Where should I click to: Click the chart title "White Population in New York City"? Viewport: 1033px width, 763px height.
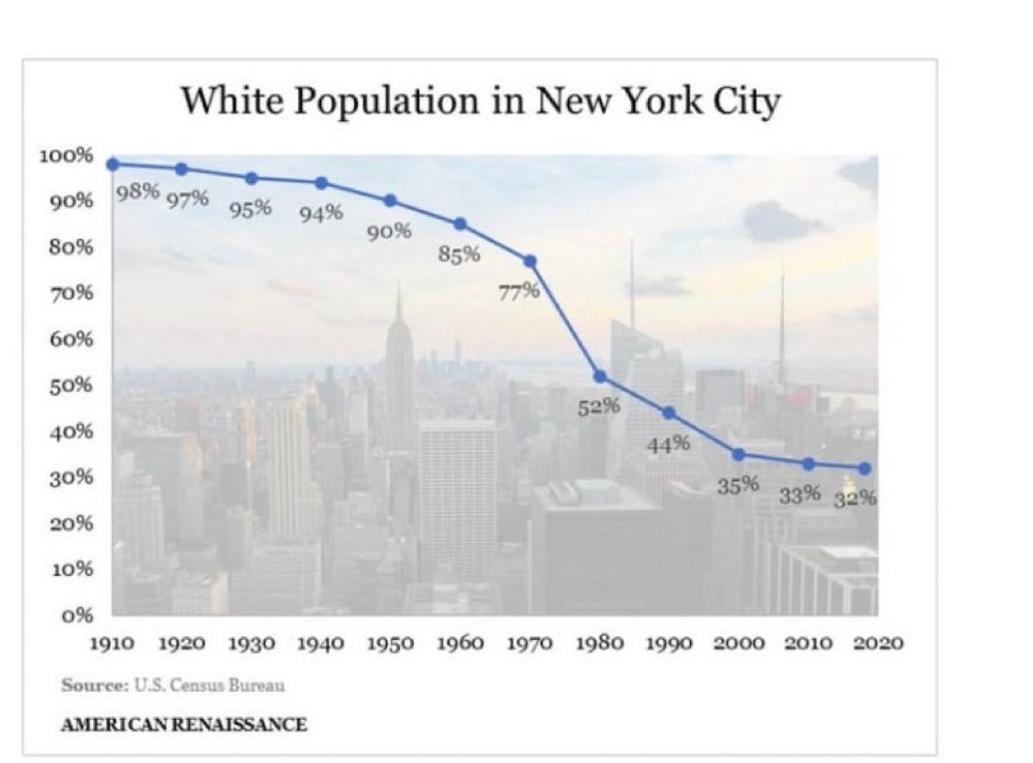point(479,101)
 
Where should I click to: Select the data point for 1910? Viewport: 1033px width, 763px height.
point(113,163)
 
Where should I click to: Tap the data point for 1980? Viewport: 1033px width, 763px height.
point(600,377)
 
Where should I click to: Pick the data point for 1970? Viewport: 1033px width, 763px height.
point(530,260)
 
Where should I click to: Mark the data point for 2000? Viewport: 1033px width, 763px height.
point(739,454)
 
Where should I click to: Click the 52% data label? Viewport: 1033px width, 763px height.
point(598,406)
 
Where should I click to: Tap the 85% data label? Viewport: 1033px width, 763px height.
point(459,253)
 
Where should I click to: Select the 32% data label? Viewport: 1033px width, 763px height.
point(856,498)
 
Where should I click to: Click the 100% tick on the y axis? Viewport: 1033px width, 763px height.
point(66,155)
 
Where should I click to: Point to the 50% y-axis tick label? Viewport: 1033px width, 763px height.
point(70,385)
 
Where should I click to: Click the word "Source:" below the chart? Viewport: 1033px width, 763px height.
point(91,685)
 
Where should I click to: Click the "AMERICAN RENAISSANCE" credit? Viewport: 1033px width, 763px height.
point(183,724)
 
